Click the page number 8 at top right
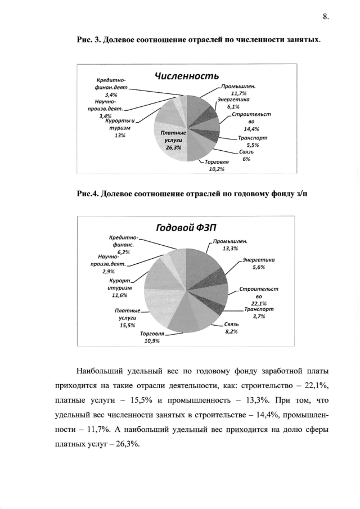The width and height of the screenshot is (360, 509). (325, 16)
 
